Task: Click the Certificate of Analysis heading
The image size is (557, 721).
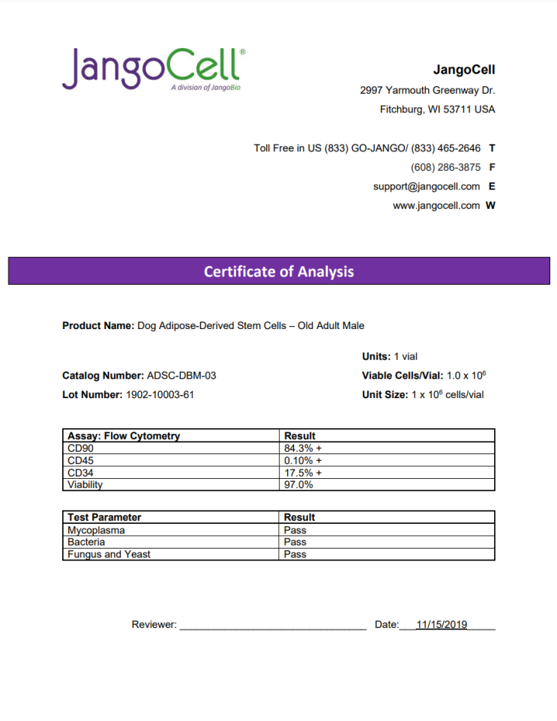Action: coord(278,271)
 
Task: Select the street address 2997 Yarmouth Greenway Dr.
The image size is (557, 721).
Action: coord(427,90)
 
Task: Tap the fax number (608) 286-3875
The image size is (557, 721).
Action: coord(445,167)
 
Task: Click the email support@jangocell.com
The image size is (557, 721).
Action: coord(426,187)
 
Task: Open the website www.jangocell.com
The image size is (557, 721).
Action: coord(436,205)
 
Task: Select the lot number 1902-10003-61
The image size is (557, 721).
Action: coord(158,394)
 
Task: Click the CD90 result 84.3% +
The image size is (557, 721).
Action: coord(303,448)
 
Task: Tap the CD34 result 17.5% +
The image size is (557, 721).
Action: coord(303,472)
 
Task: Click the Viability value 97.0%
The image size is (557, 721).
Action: coord(298,484)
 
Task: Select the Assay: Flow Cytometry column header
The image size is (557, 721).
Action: coord(124,435)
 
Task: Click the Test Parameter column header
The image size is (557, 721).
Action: coord(104,517)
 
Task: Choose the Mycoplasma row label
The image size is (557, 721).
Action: coord(96,530)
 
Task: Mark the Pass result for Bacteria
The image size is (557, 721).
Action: coord(295,542)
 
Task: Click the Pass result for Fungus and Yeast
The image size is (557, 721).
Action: coord(295,554)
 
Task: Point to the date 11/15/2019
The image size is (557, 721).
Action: coord(442,624)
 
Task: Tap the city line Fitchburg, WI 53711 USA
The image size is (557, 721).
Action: coord(437,109)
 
